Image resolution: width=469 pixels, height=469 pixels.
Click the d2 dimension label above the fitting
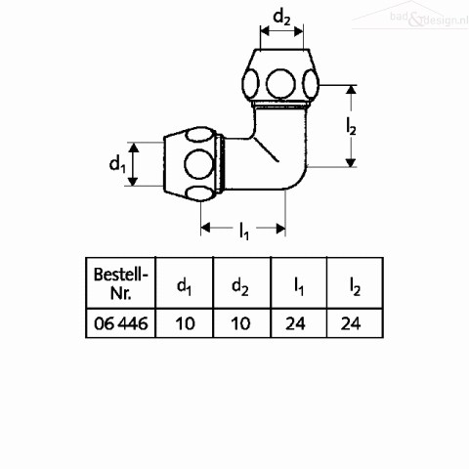[x=281, y=18]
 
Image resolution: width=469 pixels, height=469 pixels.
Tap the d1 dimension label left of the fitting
[x=117, y=164]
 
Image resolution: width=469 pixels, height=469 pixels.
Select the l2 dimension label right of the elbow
[x=351, y=127]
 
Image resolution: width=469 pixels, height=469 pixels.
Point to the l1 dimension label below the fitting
[x=244, y=232]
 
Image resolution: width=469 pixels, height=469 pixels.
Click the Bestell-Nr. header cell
[x=121, y=283]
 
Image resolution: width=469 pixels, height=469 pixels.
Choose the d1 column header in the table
[x=184, y=286]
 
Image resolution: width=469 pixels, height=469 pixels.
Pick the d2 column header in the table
[x=240, y=286]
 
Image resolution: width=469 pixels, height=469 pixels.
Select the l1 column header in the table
[x=299, y=286]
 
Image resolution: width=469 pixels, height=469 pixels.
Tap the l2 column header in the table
[x=355, y=286]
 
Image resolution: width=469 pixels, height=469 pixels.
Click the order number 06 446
[x=121, y=323]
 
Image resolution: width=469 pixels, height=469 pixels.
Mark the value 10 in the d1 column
[x=186, y=323]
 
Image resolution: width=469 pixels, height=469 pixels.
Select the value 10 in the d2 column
[x=240, y=323]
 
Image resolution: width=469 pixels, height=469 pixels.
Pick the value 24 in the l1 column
[x=295, y=323]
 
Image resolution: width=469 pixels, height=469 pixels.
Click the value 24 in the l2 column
[x=351, y=323]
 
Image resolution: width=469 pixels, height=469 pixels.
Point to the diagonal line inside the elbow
[x=266, y=149]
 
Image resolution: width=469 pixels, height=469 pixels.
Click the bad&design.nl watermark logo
[x=410, y=17]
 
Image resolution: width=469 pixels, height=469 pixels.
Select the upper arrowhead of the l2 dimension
[x=351, y=89]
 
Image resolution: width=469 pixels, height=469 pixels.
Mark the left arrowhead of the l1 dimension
[x=205, y=228]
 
